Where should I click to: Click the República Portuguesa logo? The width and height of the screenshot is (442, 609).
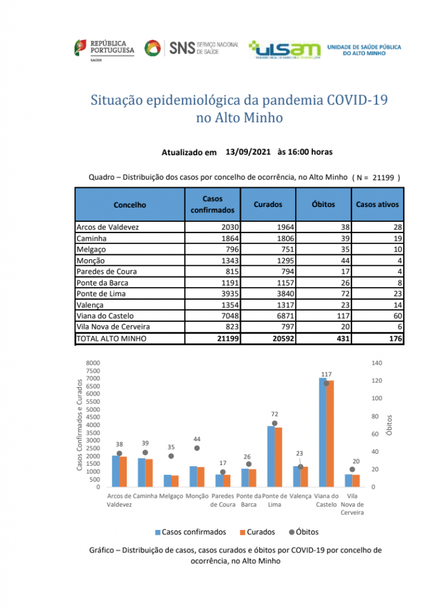pyautogui.click(x=104, y=50)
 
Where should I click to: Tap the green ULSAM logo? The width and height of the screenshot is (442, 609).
pyautogui.click(x=285, y=50)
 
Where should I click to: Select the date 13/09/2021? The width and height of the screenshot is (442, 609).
pyautogui.click(x=248, y=152)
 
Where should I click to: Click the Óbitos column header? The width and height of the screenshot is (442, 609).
pyautogui.click(x=323, y=205)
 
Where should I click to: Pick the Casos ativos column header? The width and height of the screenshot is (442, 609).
pyautogui.click(x=377, y=205)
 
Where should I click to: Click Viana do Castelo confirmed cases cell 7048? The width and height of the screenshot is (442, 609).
pyautogui.click(x=230, y=316)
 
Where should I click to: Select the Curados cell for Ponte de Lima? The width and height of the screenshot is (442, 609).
pyautogui.click(x=286, y=294)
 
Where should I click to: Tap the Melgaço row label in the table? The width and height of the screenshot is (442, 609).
pyautogui.click(x=91, y=249)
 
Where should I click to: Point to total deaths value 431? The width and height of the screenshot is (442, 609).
pyautogui.click(x=343, y=338)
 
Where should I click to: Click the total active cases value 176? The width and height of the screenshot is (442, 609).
pyautogui.click(x=396, y=338)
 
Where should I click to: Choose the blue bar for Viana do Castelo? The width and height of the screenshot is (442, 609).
pyautogui.click(x=323, y=432)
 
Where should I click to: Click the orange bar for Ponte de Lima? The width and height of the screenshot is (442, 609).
pyautogui.click(x=278, y=457)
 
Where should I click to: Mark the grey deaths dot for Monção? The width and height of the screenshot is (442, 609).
pyautogui.click(x=197, y=448)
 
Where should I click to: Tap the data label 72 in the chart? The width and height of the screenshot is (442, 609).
pyautogui.click(x=275, y=414)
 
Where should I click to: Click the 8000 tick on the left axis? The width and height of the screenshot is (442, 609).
pyautogui.click(x=93, y=363)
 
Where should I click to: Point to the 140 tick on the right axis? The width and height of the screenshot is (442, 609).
pyautogui.click(x=377, y=363)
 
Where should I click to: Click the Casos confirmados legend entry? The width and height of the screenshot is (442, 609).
pyautogui.click(x=190, y=532)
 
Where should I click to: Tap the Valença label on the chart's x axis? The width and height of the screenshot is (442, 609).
pyautogui.click(x=300, y=496)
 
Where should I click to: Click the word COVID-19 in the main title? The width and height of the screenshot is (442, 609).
pyautogui.click(x=357, y=100)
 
